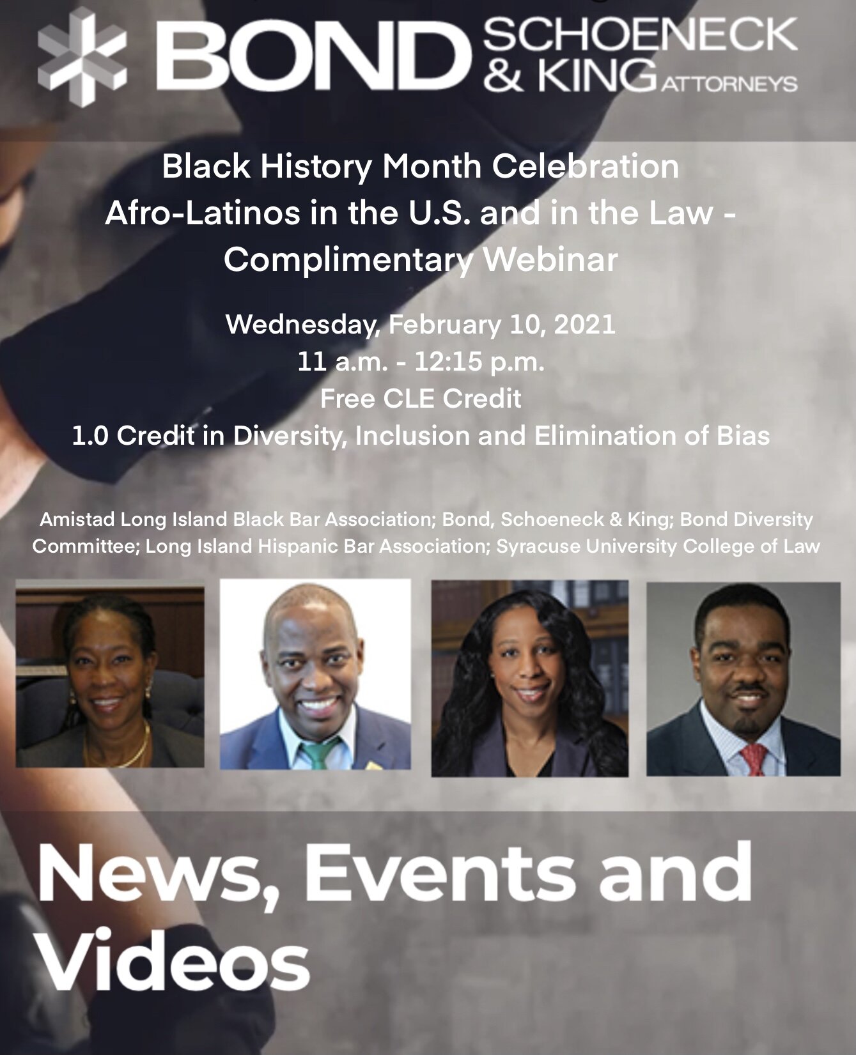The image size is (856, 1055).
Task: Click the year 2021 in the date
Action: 584,325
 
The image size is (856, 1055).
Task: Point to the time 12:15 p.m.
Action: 479,362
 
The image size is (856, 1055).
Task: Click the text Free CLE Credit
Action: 421,399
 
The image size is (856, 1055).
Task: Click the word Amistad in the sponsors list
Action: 77,519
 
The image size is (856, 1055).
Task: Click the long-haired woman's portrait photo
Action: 529,678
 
